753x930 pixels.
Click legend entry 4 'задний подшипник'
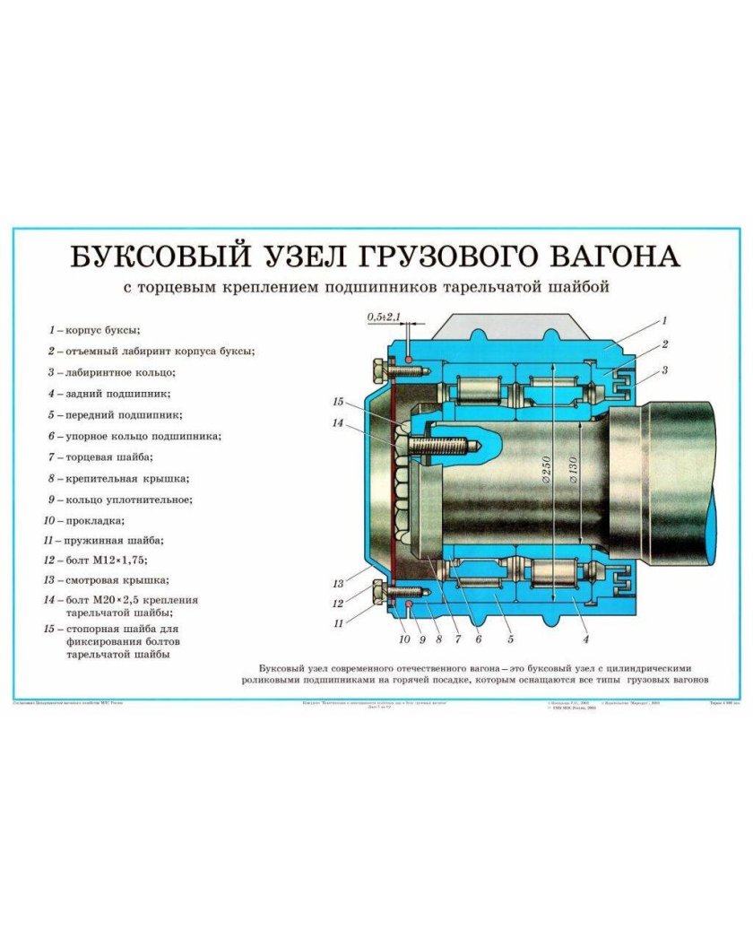(114, 394)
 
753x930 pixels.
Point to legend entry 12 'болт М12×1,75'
(104, 561)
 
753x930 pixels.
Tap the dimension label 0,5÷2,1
(384, 317)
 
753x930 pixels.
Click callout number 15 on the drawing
(337, 401)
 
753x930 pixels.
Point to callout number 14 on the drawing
(337, 422)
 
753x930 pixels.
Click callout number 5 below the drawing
(510, 639)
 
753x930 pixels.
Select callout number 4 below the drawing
(585, 639)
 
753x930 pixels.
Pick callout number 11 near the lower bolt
(339, 621)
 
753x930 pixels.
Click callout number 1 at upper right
(664, 320)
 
